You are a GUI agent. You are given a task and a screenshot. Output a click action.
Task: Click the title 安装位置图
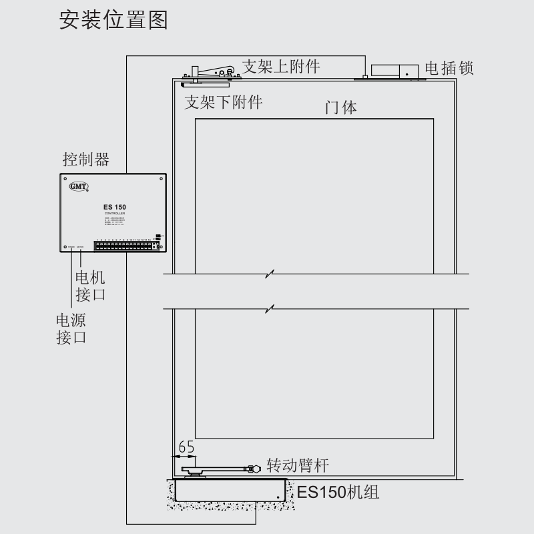(x=113, y=20)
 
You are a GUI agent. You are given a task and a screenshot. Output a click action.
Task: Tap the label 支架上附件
(x=280, y=66)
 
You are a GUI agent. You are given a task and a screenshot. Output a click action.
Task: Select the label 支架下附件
(x=223, y=103)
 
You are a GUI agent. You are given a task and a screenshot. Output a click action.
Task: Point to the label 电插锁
(x=449, y=68)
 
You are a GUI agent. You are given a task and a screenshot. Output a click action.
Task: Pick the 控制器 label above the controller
(x=85, y=160)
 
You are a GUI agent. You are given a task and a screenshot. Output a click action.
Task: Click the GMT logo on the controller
(x=79, y=187)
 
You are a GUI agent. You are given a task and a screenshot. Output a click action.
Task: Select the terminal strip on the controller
(x=123, y=246)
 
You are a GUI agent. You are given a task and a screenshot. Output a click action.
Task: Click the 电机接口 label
(x=91, y=285)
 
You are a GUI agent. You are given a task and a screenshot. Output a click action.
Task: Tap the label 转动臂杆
(x=298, y=465)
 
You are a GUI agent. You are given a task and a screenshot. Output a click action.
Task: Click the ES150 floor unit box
(x=230, y=491)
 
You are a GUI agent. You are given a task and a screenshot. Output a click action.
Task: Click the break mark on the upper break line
(x=268, y=274)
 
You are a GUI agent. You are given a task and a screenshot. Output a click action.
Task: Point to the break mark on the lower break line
(x=268, y=309)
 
